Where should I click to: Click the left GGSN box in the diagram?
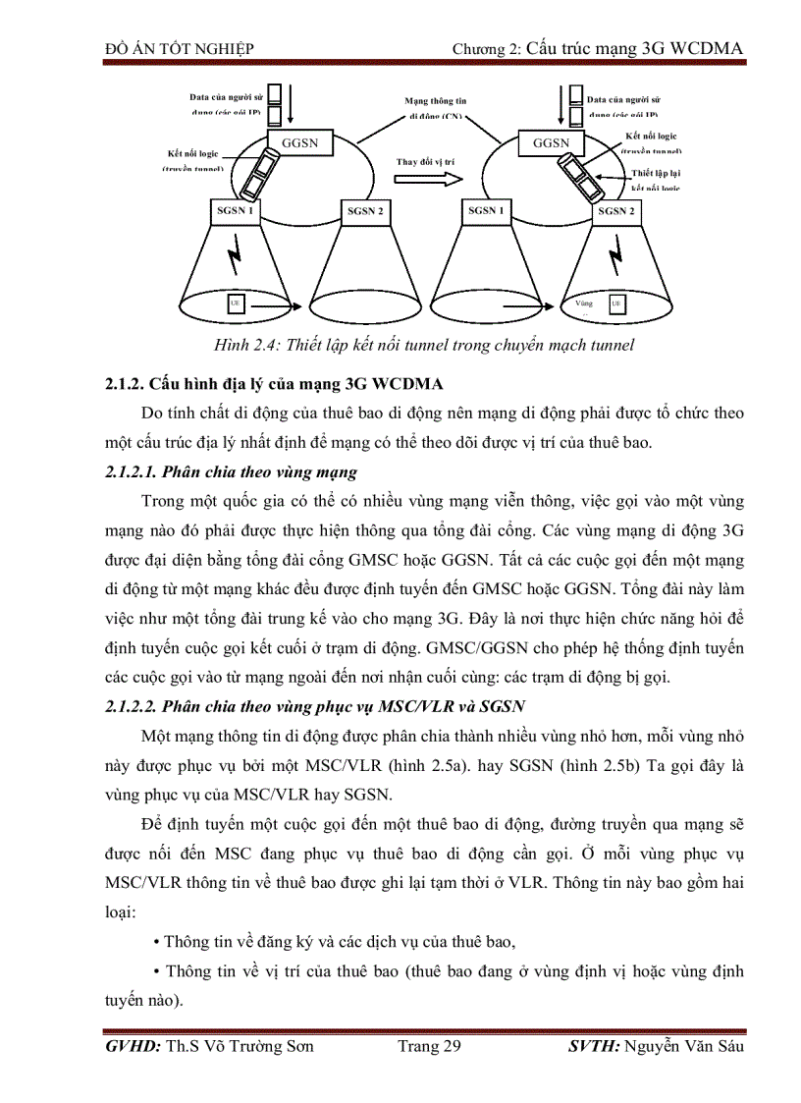[299, 143]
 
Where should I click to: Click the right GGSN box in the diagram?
[551, 143]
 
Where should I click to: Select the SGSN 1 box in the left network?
[235, 210]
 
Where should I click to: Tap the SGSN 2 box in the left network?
[366, 211]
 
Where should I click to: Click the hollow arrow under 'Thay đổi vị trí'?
[426, 179]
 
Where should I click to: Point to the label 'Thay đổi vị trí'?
[425, 160]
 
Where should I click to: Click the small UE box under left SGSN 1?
[235, 303]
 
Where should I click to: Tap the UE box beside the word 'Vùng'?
[615, 304]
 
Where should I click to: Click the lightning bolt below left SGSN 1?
[235, 258]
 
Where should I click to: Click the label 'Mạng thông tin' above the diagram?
[436, 101]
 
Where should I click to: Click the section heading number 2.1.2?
[125, 384]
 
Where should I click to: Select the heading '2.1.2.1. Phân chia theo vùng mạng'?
[231, 472]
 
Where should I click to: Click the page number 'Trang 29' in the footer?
[429, 1046]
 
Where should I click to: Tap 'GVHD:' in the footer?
[133, 1046]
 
